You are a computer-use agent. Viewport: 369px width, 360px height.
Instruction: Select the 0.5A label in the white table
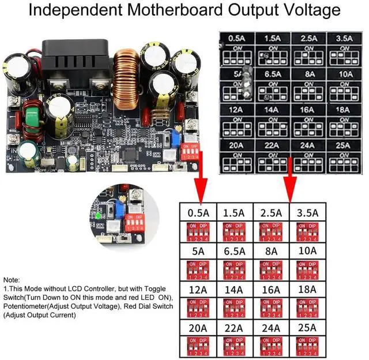197,213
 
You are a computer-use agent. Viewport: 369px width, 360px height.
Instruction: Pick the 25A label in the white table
307,328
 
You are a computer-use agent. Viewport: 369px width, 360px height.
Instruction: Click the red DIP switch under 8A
270,270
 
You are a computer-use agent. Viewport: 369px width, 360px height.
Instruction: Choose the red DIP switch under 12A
197,308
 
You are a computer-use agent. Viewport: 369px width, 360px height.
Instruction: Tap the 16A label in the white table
270,290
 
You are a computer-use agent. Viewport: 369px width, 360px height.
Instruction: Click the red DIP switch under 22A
234,347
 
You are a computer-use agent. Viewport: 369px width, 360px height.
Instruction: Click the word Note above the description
12,279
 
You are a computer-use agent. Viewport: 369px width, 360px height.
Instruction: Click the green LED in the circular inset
100,216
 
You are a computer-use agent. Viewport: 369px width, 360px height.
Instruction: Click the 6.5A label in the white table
234,251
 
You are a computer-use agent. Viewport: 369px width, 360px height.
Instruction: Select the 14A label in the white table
234,290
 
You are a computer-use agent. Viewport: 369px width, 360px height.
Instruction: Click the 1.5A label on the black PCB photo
272,38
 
